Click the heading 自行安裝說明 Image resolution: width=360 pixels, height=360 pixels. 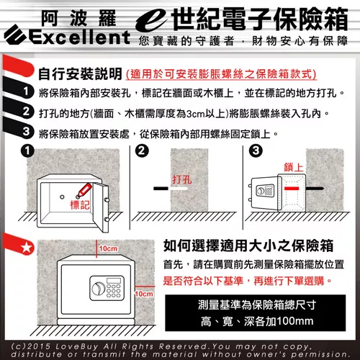[x=78, y=74]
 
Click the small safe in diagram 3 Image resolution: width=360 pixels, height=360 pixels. [x=267, y=192]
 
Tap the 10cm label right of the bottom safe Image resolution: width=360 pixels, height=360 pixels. [x=144, y=294]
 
